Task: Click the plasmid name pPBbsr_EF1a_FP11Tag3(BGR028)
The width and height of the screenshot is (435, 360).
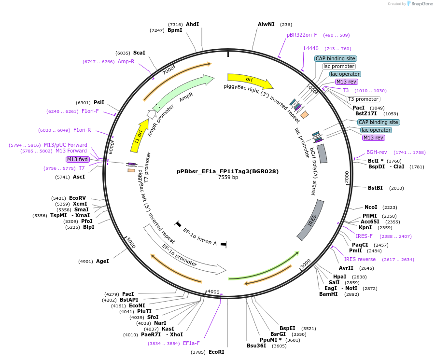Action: (227, 171)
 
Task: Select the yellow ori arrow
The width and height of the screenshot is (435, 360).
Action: (250, 80)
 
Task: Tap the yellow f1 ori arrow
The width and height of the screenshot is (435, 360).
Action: (139, 136)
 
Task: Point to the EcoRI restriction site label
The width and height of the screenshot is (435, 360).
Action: (216, 352)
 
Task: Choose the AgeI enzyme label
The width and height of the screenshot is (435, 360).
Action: (102, 261)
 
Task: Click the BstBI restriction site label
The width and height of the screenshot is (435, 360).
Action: (375, 188)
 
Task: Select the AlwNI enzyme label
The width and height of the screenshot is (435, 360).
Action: (266, 24)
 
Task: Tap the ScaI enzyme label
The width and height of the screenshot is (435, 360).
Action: (139, 53)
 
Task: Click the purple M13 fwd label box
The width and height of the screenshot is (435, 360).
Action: (77, 159)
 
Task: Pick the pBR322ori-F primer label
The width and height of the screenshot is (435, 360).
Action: (302, 35)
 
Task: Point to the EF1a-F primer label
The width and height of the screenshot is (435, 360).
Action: (191, 344)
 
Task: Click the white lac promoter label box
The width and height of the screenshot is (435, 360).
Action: (339, 66)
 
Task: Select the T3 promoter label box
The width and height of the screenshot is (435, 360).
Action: (364, 99)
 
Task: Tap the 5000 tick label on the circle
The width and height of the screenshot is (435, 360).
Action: (130, 243)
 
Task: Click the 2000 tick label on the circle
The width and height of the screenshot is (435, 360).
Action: (347, 177)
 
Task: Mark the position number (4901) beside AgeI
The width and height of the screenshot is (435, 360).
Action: (86, 262)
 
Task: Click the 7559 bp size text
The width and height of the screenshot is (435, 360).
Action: (228, 177)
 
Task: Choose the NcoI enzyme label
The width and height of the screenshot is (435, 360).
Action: (371, 207)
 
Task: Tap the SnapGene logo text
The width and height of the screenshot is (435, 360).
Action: (422, 3)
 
